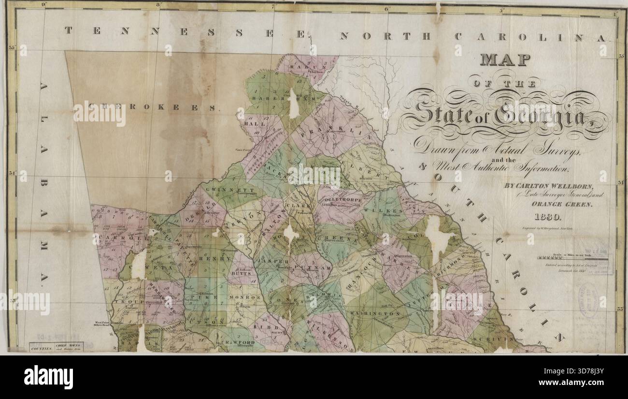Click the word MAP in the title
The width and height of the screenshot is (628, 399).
point(505,60)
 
